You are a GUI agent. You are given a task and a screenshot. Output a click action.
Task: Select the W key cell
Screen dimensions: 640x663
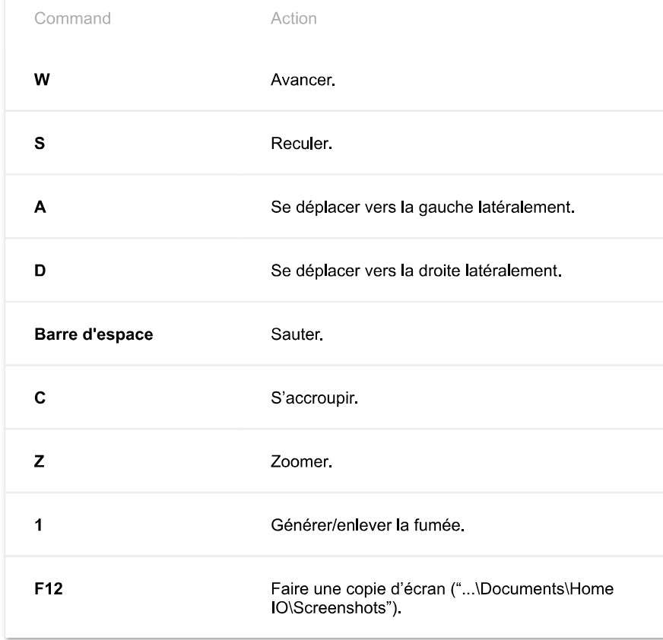point(42,79)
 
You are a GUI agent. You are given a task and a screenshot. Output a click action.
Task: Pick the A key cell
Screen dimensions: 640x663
point(40,206)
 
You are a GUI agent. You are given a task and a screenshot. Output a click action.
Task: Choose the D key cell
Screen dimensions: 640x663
point(40,271)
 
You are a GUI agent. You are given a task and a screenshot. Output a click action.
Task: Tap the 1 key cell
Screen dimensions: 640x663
point(40,525)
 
